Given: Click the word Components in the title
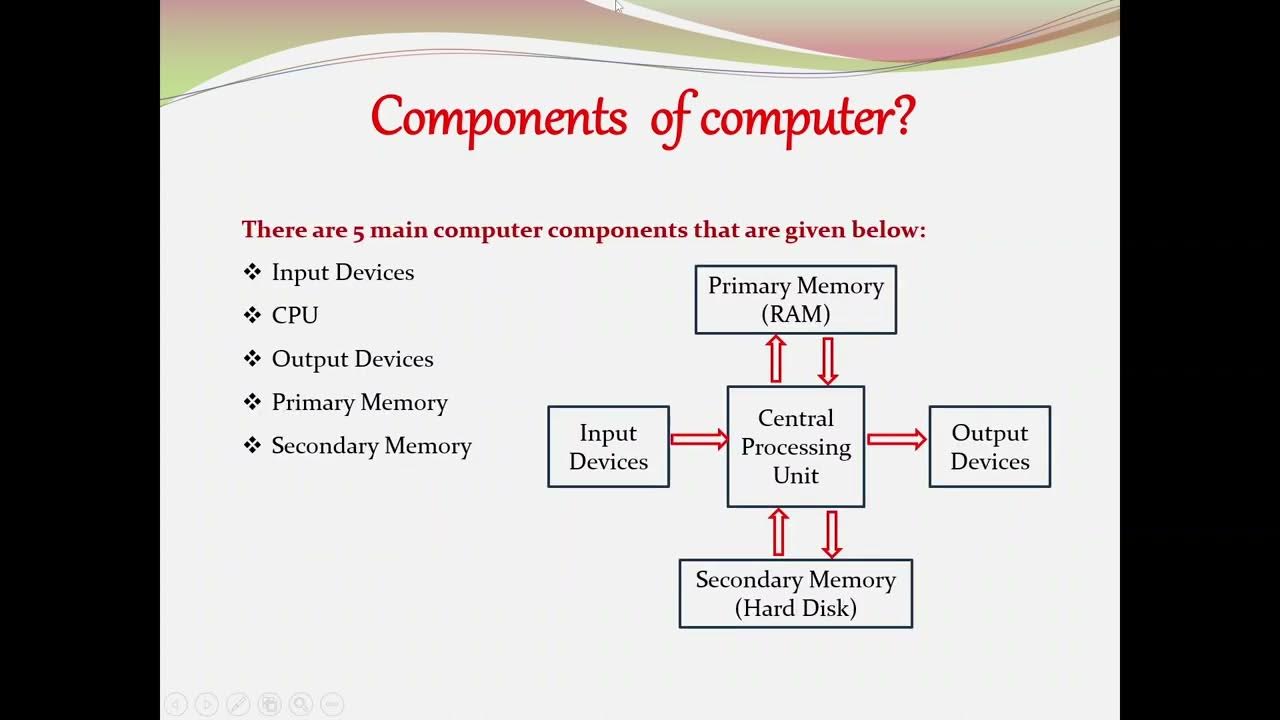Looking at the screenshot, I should [x=498, y=118].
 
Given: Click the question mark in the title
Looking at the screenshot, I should [x=901, y=116].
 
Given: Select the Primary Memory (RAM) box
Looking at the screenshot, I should [x=796, y=299].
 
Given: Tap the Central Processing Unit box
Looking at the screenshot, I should [x=796, y=446].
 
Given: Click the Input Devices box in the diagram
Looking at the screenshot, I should [x=608, y=447].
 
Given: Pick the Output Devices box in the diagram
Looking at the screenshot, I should [x=989, y=447].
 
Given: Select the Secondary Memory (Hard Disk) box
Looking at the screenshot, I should [x=796, y=593].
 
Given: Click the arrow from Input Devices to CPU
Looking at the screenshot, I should [x=699, y=439].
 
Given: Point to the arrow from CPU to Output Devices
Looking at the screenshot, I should [x=896, y=439].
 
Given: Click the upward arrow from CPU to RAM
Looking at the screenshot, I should [x=776, y=359].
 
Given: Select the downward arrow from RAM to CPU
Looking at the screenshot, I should [x=827, y=360].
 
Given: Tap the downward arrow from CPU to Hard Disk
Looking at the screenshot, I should [x=831, y=533].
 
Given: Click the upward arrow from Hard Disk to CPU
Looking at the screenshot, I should [x=778, y=533].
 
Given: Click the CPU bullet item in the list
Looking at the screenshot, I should [x=295, y=315].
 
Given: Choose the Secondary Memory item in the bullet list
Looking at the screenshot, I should [x=371, y=446].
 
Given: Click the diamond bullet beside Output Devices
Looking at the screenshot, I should [x=252, y=358].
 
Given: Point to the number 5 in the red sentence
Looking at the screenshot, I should [x=358, y=230].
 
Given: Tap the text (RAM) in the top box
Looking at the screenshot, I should [x=796, y=314].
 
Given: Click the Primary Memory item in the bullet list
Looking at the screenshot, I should [x=359, y=402].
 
